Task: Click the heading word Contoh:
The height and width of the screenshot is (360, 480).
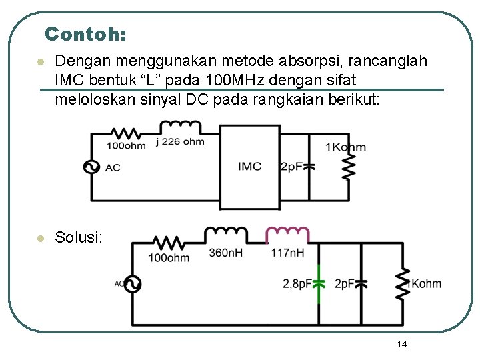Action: click(x=86, y=33)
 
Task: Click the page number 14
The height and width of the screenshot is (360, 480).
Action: click(x=401, y=344)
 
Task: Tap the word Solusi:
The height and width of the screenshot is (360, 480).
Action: click(x=79, y=237)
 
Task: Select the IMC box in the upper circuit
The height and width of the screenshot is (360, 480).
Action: click(x=249, y=165)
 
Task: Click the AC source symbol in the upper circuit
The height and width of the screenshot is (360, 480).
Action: click(x=91, y=167)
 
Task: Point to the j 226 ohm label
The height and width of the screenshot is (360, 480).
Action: click(x=180, y=141)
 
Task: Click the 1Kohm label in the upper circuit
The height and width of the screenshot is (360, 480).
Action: click(x=345, y=147)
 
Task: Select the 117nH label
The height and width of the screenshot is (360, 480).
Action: click(x=287, y=253)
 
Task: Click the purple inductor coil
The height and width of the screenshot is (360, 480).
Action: click(x=287, y=235)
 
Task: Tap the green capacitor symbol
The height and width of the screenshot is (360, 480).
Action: click(x=319, y=283)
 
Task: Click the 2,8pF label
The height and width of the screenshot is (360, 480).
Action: click(x=297, y=284)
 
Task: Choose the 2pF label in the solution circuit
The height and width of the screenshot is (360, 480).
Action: click(x=345, y=284)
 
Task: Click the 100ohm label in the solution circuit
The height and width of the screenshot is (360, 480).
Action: click(x=169, y=257)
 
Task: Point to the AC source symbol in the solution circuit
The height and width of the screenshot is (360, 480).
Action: click(x=131, y=284)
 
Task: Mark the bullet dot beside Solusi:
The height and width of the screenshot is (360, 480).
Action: click(x=41, y=238)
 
